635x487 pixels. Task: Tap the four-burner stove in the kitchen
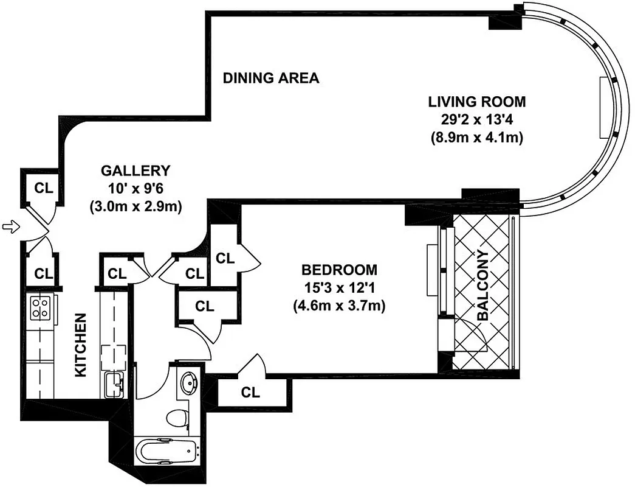click(41, 308)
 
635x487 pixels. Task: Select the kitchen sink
click(113, 383)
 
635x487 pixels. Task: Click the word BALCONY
click(483, 286)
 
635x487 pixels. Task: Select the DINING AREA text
click(271, 78)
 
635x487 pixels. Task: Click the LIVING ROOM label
click(476, 101)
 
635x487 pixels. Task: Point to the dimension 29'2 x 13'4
click(476, 119)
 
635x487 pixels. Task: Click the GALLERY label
click(136, 170)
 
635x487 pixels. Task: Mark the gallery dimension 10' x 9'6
click(136, 188)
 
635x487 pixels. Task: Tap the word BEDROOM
click(340, 269)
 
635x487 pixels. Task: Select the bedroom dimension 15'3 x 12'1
click(340, 287)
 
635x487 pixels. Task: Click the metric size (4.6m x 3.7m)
click(340, 305)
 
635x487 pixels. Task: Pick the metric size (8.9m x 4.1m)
click(476, 138)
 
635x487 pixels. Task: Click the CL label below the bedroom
click(250, 393)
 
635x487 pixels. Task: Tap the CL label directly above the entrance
click(43, 187)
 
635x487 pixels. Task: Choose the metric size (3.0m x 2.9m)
click(136, 206)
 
